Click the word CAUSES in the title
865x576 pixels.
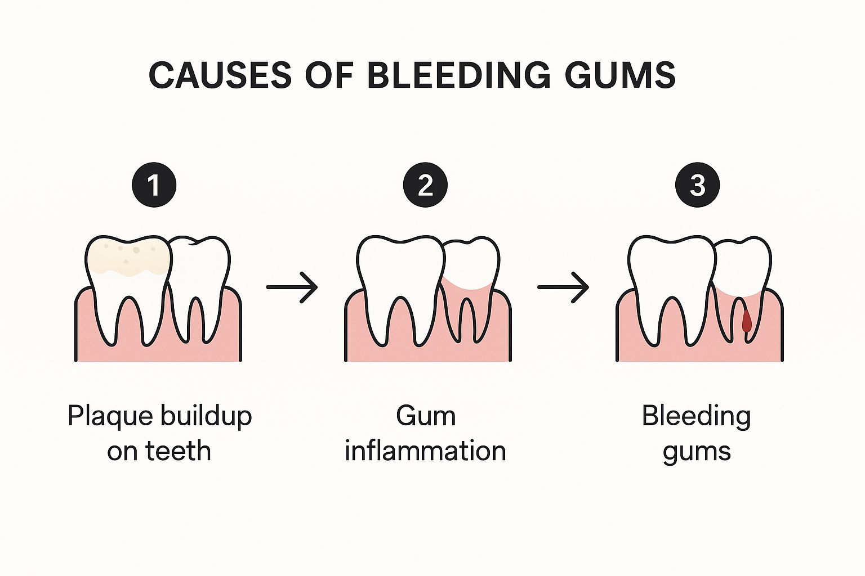pyautogui.click(x=220, y=75)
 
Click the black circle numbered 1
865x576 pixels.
pyautogui.click(x=154, y=185)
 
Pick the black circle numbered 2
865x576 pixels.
pyautogui.click(x=425, y=185)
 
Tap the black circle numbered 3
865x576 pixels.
pyautogui.click(x=697, y=185)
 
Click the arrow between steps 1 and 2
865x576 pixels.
pyautogui.click(x=292, y=287)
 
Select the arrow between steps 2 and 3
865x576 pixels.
pyautogui.click(x=563, y=287)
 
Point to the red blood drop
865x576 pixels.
pyautogui.click(x=747, y=321)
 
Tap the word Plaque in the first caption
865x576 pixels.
pyautogui.click(x=110, y=416)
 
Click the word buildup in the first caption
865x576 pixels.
pyautogui.click(x=206, y=416)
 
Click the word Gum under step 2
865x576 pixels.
pyautogui.click(x=425, y=416)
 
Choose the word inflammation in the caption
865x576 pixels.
pyautogui.click(x=425, y=451)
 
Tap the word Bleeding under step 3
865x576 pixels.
pyautogui.click(x=697, y=416)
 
